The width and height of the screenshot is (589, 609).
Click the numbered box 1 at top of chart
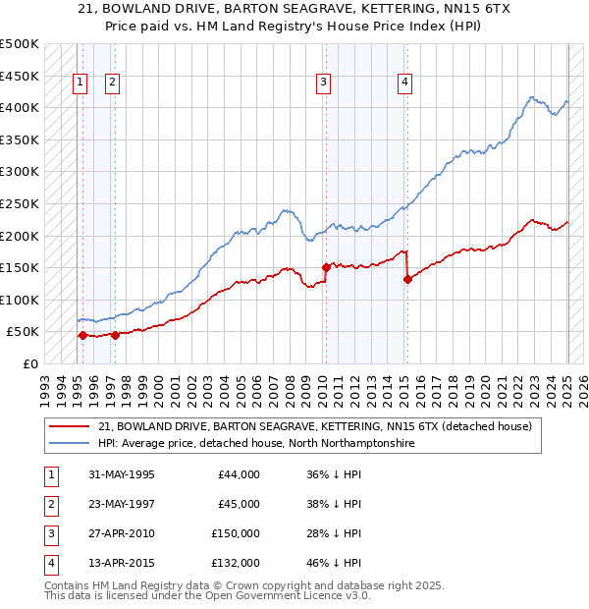80,83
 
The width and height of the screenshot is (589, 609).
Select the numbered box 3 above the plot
323,83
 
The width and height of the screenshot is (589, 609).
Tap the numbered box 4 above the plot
403,83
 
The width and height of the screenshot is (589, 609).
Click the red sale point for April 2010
326,267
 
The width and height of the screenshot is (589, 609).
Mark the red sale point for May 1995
82,335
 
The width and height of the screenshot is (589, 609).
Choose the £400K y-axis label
20,107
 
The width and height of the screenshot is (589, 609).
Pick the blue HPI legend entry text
256,444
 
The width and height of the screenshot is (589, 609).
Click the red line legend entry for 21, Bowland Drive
314,426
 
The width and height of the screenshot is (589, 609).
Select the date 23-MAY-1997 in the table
121,504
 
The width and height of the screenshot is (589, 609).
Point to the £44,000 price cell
239,474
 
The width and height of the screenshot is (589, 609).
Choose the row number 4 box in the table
49,563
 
